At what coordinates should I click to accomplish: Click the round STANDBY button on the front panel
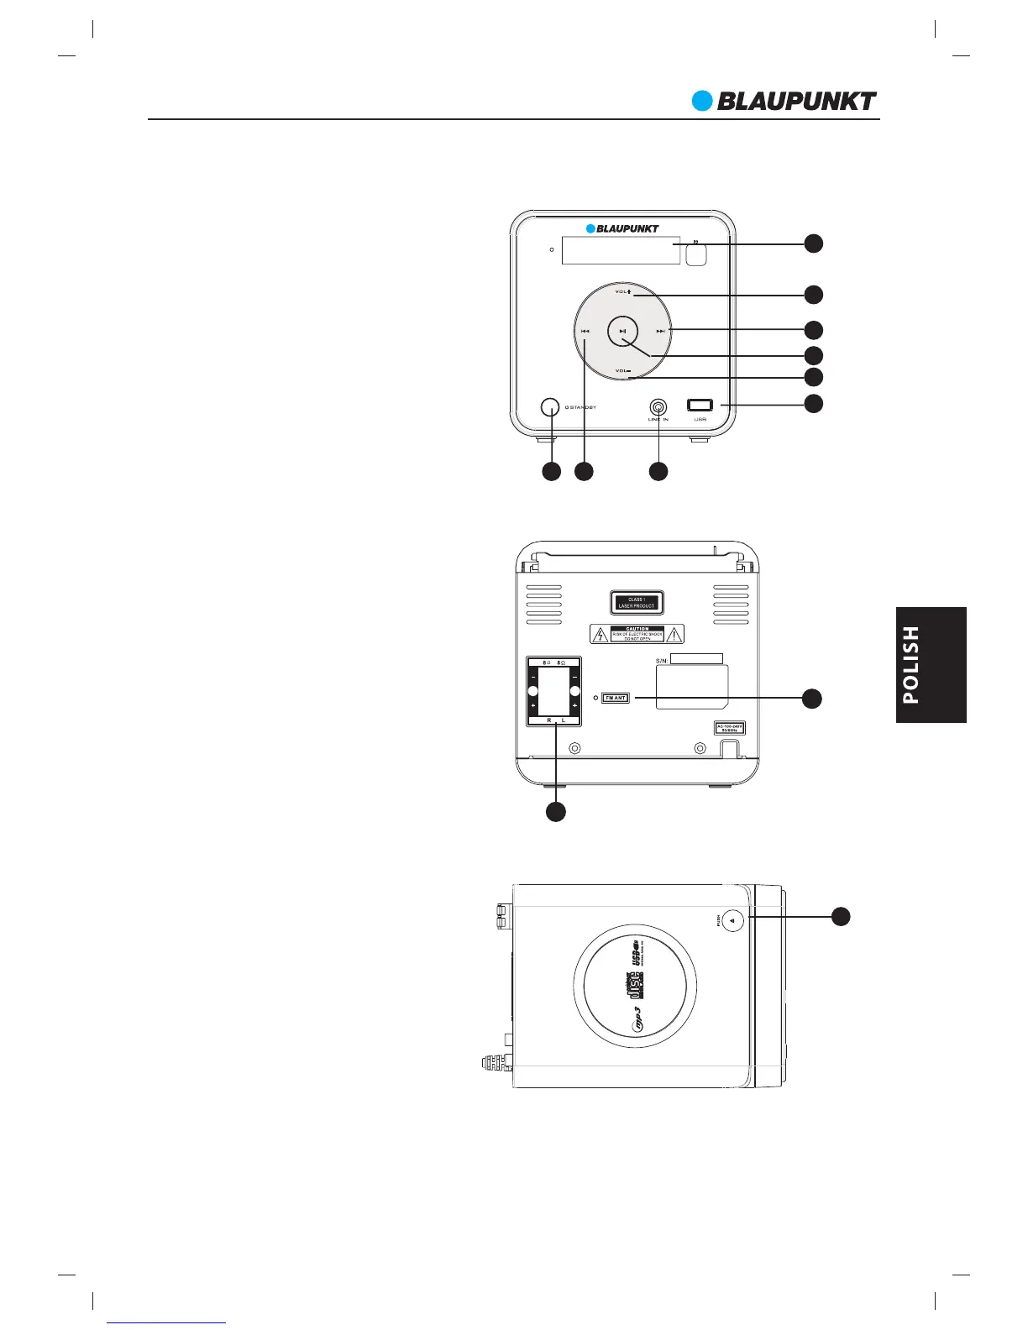coord(549,407)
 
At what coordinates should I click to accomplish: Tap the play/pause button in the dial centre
coord(622,331)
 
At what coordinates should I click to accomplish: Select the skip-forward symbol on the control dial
coord(661,331)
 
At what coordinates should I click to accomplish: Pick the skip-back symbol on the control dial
coord(585,331)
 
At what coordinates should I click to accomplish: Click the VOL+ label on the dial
coord(622,292)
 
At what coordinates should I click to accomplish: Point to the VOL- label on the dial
coord(622,370)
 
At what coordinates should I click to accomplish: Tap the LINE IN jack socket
coord(658,406)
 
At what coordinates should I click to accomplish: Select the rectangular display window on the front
coord(621,249)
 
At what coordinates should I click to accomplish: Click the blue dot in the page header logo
coord(701,101)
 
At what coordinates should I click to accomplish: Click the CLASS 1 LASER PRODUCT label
coord(637,603)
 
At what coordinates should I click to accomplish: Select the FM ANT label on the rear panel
coord(616,698)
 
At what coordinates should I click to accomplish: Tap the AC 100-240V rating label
coord(730,727)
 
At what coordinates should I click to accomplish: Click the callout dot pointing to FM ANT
coord(811,698)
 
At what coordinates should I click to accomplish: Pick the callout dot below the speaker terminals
coord(555,812)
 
